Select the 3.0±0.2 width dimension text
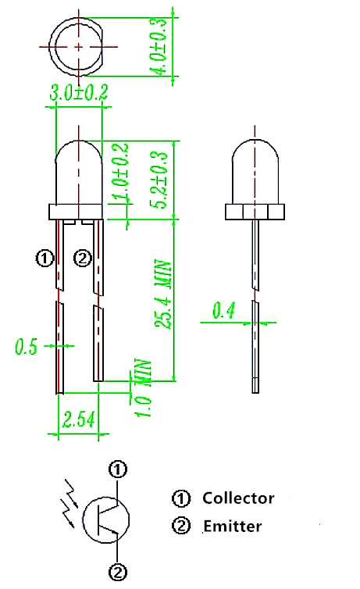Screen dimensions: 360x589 pos(79,92)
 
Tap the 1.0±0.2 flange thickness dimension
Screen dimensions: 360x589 pos(122,171)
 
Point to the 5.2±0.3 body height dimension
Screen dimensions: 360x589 pos(159,180)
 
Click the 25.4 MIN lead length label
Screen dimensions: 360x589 pos(164,294)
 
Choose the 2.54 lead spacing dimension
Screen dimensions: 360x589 pos(78,419)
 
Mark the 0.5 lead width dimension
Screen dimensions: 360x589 pos(27,346)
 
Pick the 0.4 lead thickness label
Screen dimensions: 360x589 pos(224,310)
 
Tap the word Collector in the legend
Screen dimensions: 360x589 pos(238,498)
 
